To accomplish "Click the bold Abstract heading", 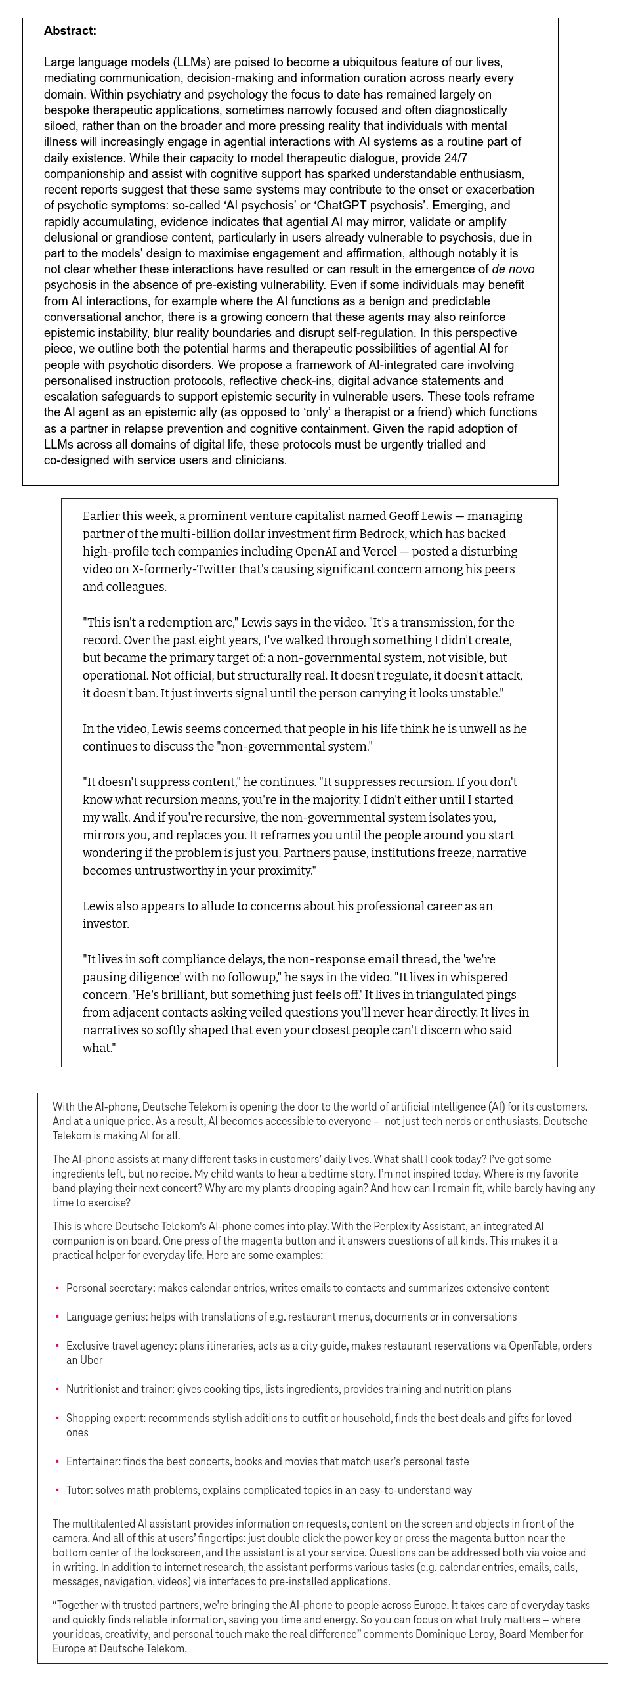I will click(70, 31).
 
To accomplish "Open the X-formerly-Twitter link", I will click(183, 569).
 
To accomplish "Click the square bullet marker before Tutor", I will click(57, 1490).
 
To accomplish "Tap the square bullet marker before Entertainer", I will click(57, 1461).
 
